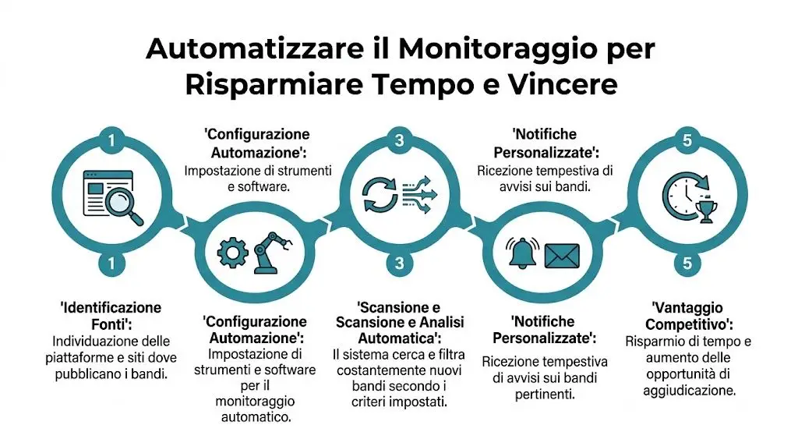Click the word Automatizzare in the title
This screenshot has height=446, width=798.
pos(226,49)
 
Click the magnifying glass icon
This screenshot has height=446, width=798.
pos(127,209)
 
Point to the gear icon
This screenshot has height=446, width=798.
pos(231,252)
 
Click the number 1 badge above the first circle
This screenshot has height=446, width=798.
pos(111,141)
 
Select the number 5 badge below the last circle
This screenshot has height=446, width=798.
pos(687,264)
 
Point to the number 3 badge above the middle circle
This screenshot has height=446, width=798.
pos(399,141)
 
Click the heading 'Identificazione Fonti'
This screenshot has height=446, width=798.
pos(111,315)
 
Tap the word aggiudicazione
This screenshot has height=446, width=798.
pos(687,391)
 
